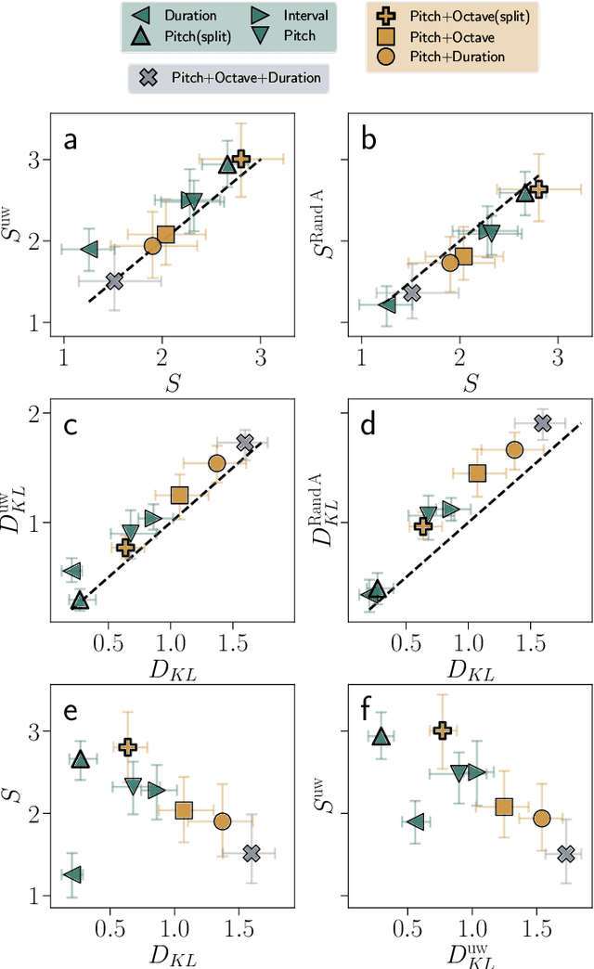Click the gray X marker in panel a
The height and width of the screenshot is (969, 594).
coord(114,280)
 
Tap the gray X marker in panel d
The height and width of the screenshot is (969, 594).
coord(543,423)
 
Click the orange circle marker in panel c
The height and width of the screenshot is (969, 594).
coord(217,463)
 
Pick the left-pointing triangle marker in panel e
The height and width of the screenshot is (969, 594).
coord(72,874)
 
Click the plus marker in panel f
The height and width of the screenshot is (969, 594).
coord(442,731)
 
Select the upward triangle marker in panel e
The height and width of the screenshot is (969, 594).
coord(81,759)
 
